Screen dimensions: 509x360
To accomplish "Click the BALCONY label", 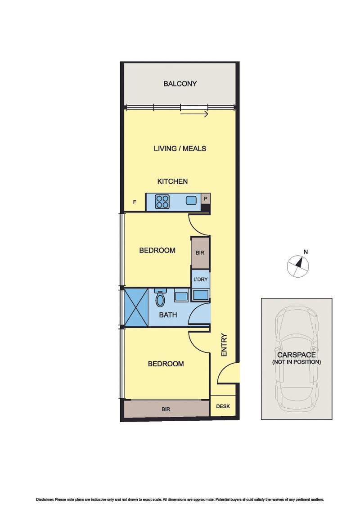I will (180, 84).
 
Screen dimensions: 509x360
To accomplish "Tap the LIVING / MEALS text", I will (180, 149).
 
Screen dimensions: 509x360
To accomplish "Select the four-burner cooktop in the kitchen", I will (162, 201).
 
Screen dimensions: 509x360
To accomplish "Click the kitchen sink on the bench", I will (192, 200).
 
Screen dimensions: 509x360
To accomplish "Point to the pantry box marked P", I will (206, 198).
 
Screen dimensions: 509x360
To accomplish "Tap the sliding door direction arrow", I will (194, 114).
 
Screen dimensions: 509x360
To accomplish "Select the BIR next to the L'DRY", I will (200, 253).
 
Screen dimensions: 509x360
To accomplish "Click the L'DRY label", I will (200, 279).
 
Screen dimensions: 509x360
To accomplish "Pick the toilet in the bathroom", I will (160, 297).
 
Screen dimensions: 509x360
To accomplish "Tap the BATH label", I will (168, 315).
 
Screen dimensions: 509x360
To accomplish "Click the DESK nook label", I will (223, 406).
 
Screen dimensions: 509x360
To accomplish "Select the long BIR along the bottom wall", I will (166, 410).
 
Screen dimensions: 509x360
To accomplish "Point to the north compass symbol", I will (298, 266).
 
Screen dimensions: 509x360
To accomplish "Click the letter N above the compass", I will (306, 252).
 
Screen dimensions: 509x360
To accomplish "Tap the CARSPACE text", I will (297, 355).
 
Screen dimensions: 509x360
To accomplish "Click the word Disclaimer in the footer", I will (45, 500).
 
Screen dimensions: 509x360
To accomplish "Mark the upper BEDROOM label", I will (157, 250).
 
